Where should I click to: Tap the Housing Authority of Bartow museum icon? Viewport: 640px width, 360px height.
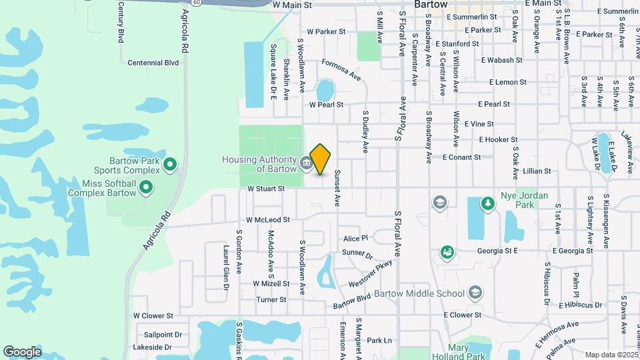tap(305, 163)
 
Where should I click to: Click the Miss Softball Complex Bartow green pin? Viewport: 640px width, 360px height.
tap(146, 189)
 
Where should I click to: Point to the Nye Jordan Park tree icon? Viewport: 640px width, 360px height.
tap(488, 203)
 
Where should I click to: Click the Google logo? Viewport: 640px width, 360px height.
tap(22, 351)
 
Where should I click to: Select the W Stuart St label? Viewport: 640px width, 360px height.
tap(266, 189)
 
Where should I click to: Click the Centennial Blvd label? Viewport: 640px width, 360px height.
tap(153, 63)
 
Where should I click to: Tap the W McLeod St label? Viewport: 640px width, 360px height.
tap(268, 219)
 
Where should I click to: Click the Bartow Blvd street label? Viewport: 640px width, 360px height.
tap(361, 301)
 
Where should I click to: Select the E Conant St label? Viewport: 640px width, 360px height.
tap(461, 157)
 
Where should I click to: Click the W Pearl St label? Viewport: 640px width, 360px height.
tap(326, 105)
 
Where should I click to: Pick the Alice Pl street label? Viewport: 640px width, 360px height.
tap(355, 239)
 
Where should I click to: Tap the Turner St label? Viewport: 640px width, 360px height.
tap(271, 300)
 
